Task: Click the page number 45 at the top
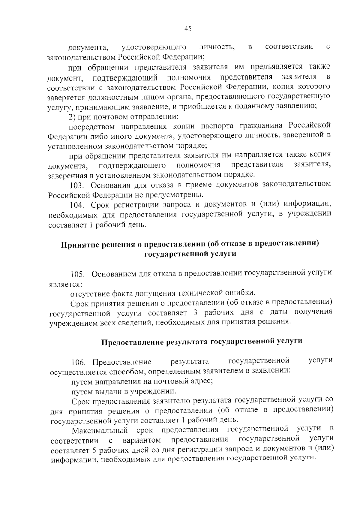coord(188,29)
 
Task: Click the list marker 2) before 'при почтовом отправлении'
coord(73,116)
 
